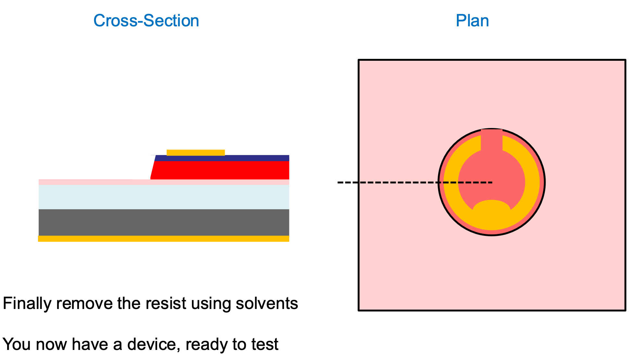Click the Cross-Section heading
click(146, 21)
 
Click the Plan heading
click(472, 21)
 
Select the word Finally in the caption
click(27, 303)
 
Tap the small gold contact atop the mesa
click(195, 152)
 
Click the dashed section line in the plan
click(390, 183)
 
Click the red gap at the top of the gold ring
click(492, 140)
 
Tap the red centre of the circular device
click(492, 175)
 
